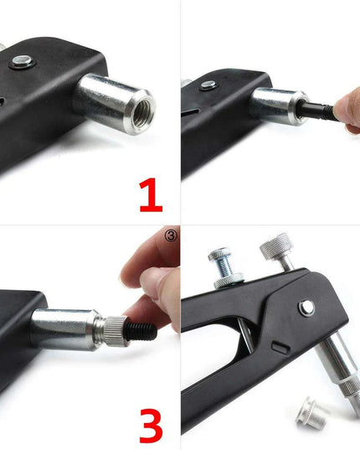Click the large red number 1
click(151, 195)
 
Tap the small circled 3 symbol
click(172, 235)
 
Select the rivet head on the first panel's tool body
click(22, 61)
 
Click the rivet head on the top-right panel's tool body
click(208, 85)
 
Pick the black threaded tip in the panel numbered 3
click(141, 331)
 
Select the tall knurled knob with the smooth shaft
click(280, 251)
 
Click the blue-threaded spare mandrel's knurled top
click(219, 253)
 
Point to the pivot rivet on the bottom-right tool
click(306, 308)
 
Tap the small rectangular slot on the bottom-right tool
click(280, 347)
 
